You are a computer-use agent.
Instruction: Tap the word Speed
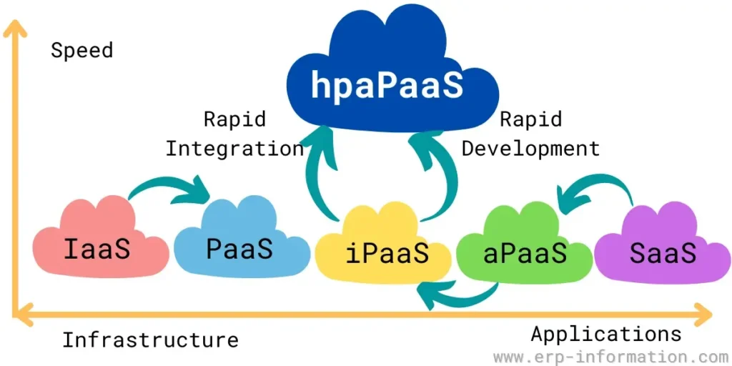(x=81, y=51)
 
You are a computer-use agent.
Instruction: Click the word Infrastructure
(x=150, y=340)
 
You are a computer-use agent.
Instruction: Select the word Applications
(x=606, y=334)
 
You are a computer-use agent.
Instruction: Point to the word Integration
(x=234, y=149)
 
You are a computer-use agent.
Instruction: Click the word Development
(x=530, y=149)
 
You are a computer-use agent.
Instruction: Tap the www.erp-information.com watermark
(x=610, y=356)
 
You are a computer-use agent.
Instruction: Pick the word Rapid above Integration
(x=234, y=119)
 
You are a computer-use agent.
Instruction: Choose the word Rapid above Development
(x=530, y=119)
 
